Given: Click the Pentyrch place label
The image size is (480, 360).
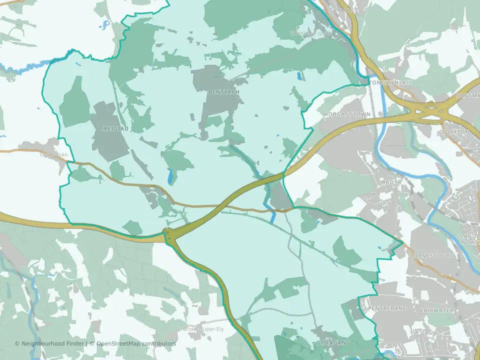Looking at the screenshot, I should tap(224, 92).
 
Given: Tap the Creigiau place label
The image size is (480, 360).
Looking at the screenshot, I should tap(114, 128).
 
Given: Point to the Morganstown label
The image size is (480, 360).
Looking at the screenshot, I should tap(347, 114).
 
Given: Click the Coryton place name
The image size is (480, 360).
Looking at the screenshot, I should tap(456, 132).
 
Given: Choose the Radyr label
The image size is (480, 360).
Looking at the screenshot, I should tap(391, 182).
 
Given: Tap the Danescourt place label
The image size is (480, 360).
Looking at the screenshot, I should tap(433, 255).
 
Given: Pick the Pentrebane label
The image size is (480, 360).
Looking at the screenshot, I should tap(386, 309).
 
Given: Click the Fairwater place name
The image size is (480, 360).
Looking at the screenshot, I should tap(437, 310).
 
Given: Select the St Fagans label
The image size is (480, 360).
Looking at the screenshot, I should tap(333, 343).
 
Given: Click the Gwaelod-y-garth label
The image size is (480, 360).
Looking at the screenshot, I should tap(310, 33).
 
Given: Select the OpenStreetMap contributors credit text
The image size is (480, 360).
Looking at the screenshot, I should tap(136, 343).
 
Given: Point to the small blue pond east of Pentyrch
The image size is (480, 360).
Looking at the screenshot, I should tap(299, 76).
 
